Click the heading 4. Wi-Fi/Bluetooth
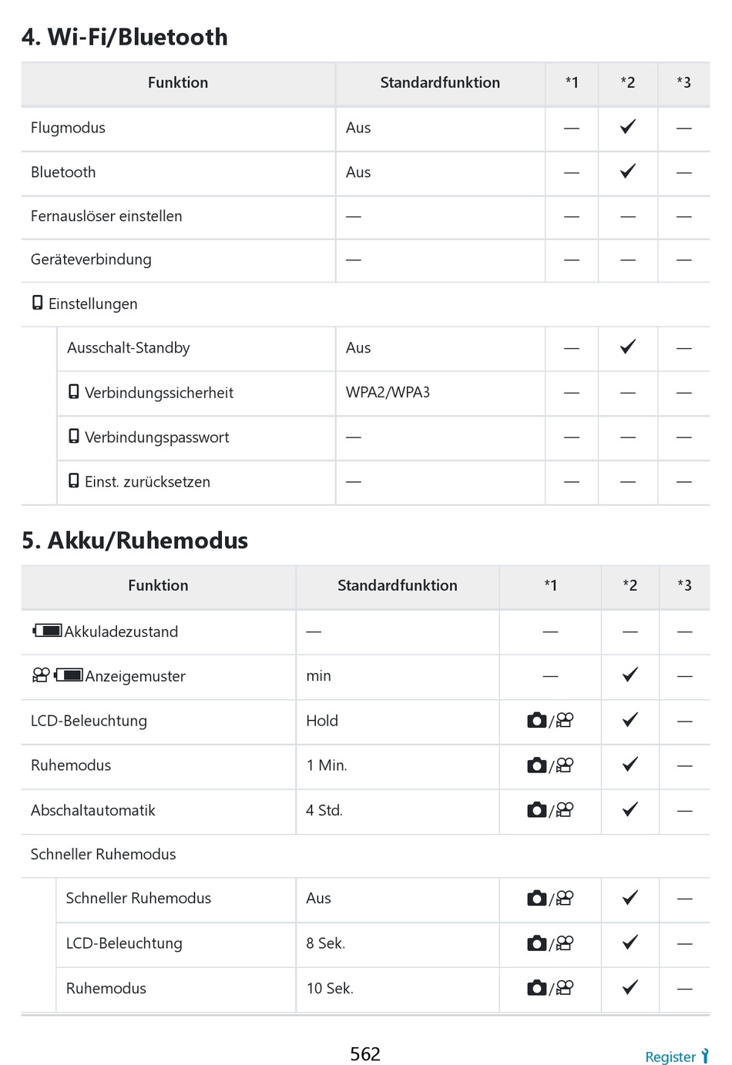click(x=125, y=37)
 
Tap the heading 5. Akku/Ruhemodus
click(x=135, y=541)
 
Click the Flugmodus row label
click(x=68, y=128)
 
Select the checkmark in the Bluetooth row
click(x=628, y=171)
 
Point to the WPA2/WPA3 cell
click(x=388, y=392)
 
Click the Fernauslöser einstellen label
click(x=106, y=216)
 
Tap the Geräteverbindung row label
click(x=91, y=260)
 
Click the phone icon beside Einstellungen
click(x=37, y=303)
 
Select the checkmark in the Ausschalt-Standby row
click(x=628, y=347)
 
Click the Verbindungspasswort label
click(x=156, y=437)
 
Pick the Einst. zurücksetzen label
click(x=147, y=482)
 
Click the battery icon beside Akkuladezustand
click(x=48, y=631)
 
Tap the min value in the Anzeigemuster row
click(x=318, y=676)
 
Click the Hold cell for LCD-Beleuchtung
click(x=322, y=721)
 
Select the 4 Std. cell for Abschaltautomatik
click(x=324, y=810)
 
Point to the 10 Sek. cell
click(x=330, y=988)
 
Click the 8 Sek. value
click(x=325, y=943)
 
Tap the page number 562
click(x=365, y=1053)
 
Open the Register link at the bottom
click(x=670, y=1057)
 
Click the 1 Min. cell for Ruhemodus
click(x=327, y=765)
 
